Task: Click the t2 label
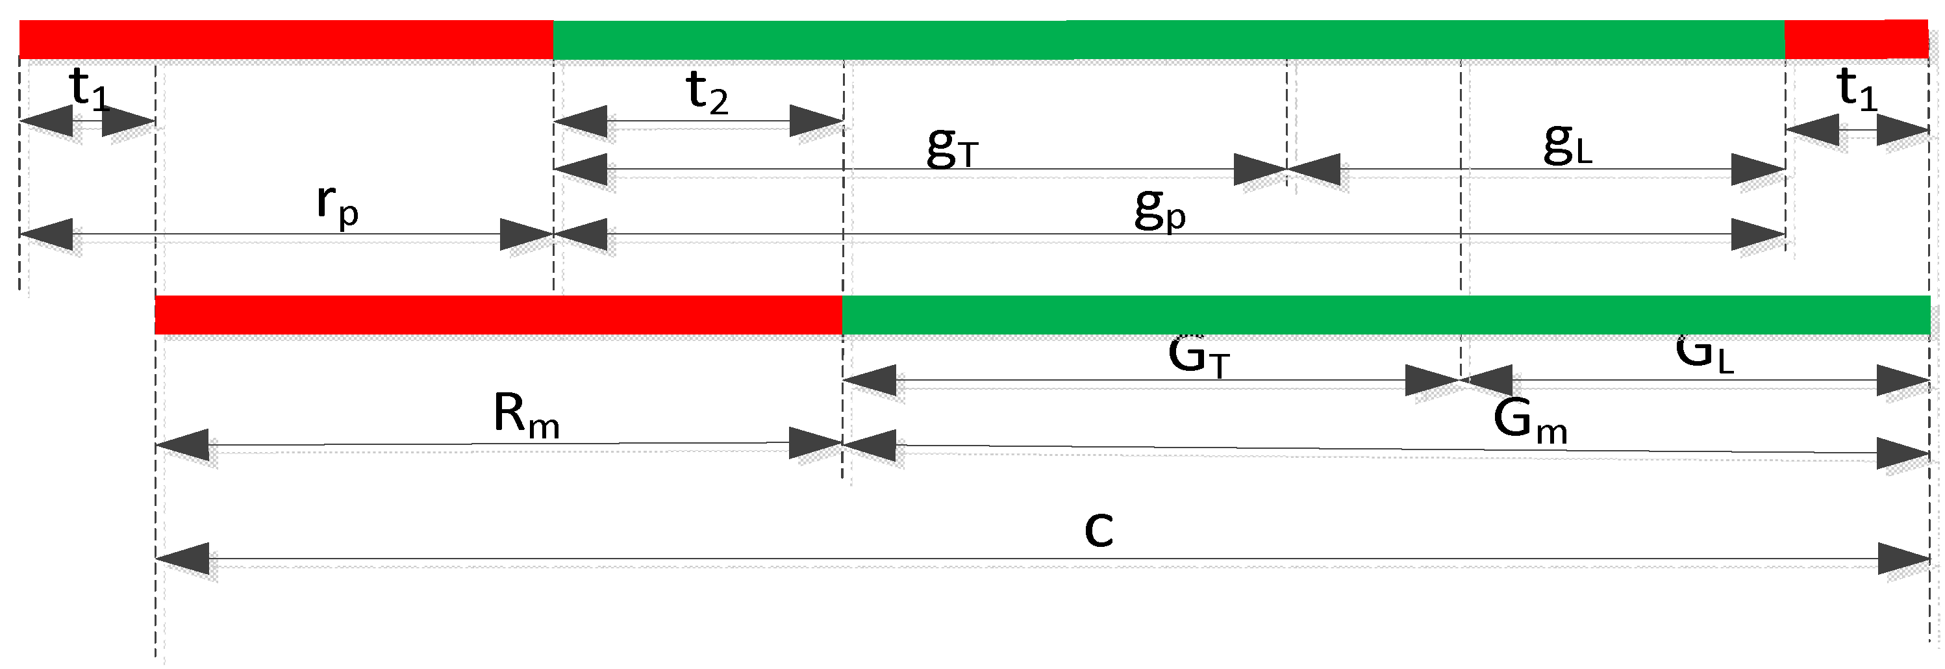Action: (707, 94)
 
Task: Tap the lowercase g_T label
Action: (952, 147)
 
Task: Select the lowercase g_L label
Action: (1568, 144)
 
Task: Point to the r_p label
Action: (337, 205)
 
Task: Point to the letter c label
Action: (1099, 529)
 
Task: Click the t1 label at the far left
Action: (89, 89)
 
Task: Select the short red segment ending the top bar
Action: (1856, 39)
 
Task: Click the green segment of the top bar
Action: (1169, 39)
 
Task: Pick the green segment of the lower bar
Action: (1385, 315)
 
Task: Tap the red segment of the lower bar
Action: (498, 315)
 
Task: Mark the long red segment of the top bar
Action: (285, 39)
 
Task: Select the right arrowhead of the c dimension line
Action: (1903, 559)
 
